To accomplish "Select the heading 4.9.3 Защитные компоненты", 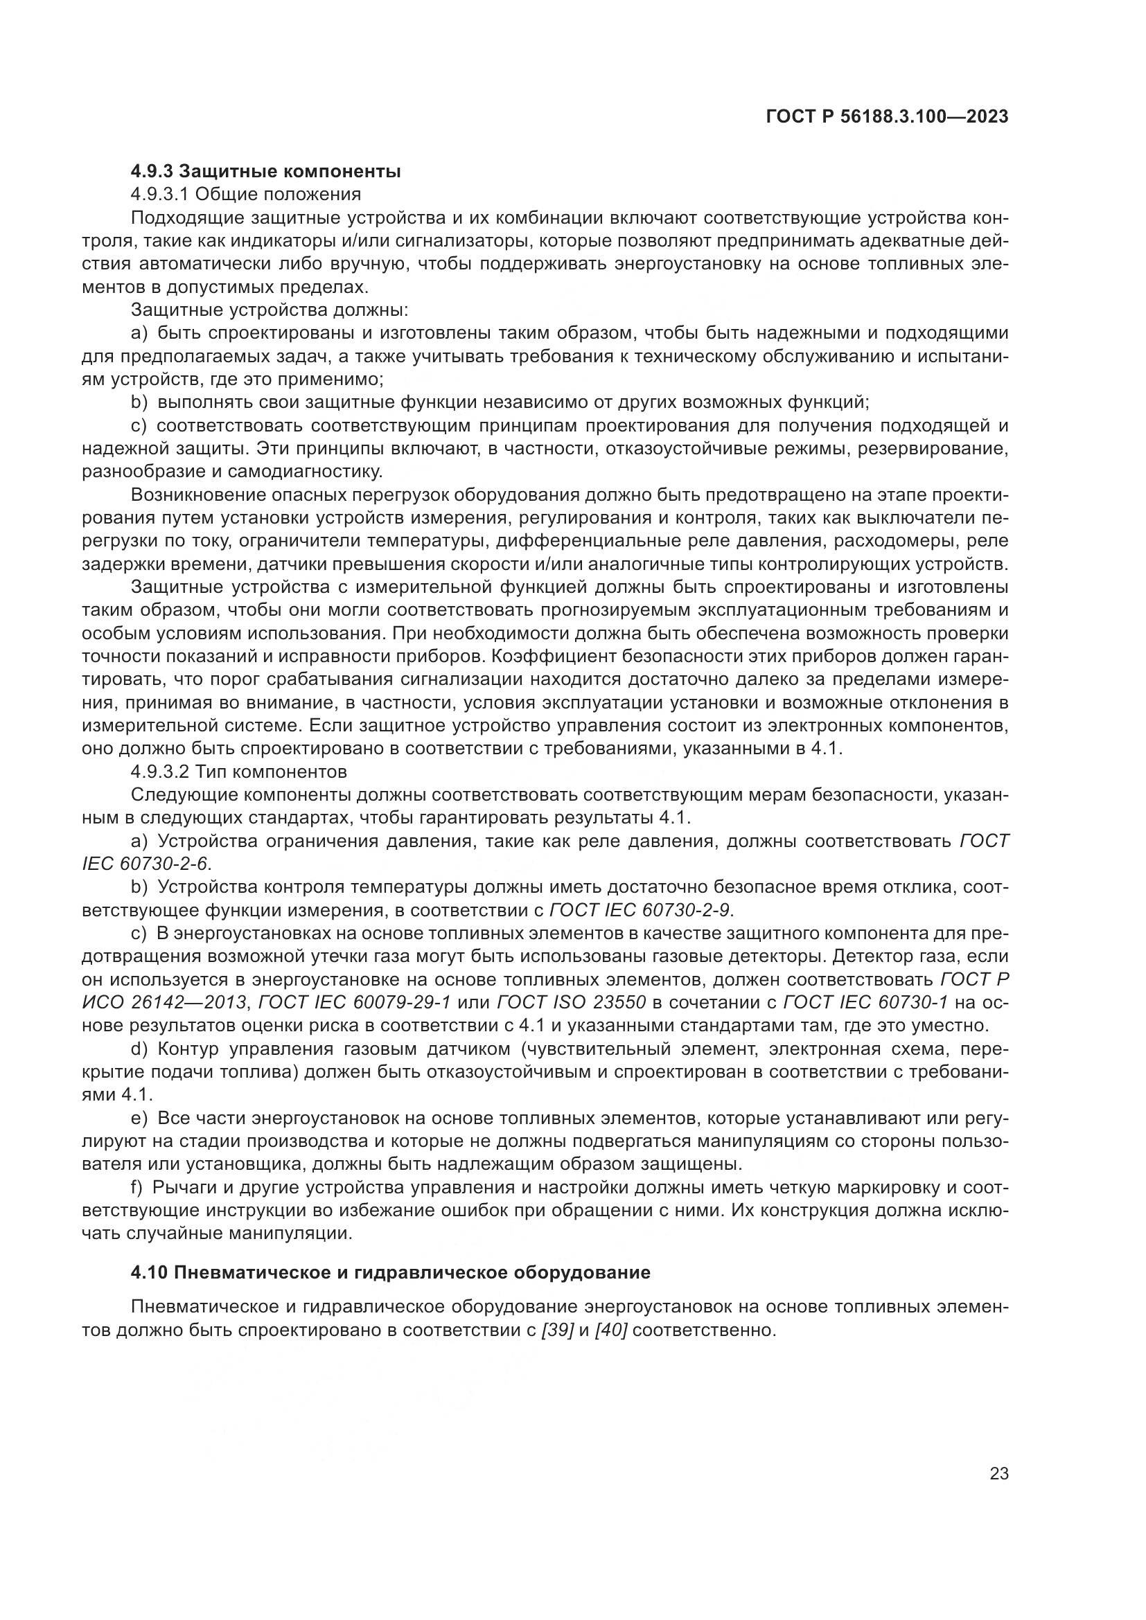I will tap(266, 172).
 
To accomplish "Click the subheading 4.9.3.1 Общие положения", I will tap(246, 194).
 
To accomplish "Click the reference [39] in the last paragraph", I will tap(556, 1330).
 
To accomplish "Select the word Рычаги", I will tap(186, 1187).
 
